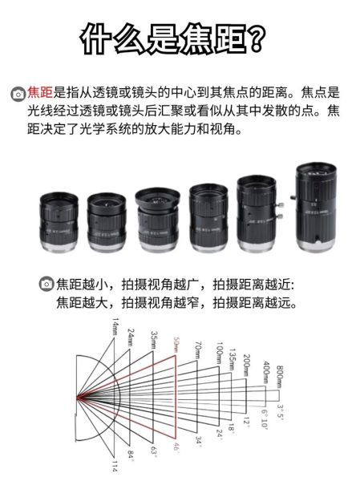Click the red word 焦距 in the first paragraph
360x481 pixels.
pyautogui.click(x=39, y=92)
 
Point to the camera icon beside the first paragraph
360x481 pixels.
pyautogui.click(x=17, y=93)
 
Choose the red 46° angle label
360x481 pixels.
pyautogui.click(x=176, y=447)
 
